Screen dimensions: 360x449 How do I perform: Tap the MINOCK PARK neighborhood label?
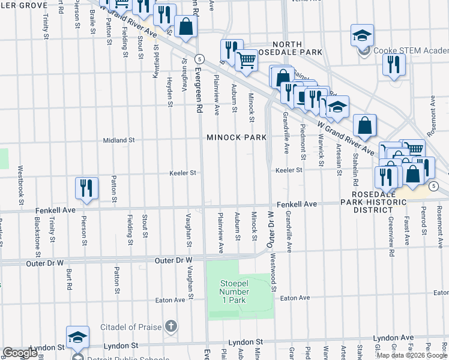pos(237,137)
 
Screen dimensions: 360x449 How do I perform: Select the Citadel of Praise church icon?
pos(171,326)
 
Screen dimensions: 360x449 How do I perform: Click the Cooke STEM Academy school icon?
pos(363,36)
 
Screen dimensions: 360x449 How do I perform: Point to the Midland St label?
pos(118,140)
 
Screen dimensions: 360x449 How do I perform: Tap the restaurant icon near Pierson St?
pos(86,188)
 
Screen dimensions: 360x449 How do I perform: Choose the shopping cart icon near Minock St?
pos(246,60)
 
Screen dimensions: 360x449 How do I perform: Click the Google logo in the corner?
pos(20,353)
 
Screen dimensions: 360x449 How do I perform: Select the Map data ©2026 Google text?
pos(411,355)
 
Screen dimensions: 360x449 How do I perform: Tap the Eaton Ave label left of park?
pos(170,300)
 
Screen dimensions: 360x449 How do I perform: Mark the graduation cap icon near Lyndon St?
pos(77,337)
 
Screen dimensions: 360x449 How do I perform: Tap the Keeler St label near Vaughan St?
pos(185,173)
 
